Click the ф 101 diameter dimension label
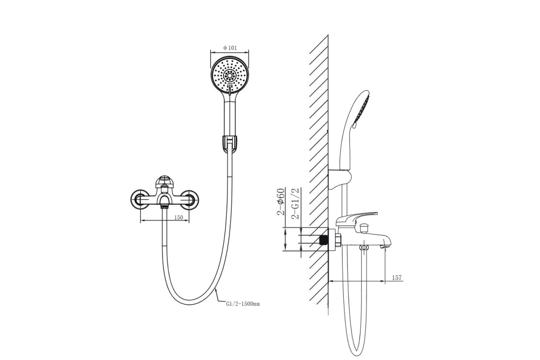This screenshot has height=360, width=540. coord(230,48)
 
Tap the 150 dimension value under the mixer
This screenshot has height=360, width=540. coord(178,217)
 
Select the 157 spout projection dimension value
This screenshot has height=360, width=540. coord(397,278)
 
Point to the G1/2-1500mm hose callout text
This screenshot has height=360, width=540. coord(243,304)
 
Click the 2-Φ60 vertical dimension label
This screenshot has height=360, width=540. coord(281,202)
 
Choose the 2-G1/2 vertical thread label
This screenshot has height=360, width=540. coord(295,203)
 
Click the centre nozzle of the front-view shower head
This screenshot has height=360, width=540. coord(230,76)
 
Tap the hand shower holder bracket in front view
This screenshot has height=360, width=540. coord(229,144)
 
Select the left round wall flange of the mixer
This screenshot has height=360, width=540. coord(140,200)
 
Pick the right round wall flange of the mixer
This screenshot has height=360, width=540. coord(189,200)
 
